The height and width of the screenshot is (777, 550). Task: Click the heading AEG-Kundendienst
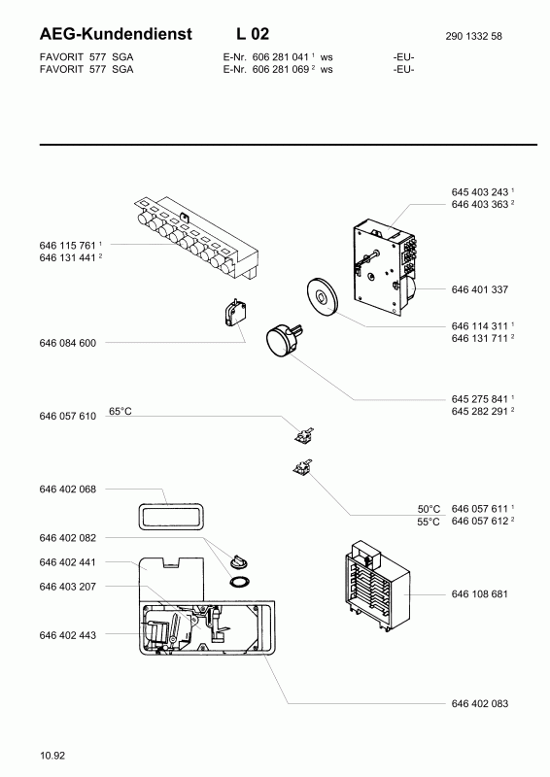tap(115, 34)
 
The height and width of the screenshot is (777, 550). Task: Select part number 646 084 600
tap(67, 343)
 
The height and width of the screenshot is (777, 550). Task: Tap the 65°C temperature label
tap(120, 411)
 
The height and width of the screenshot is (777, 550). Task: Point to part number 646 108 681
tap(480, 594)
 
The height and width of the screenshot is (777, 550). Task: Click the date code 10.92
tap(52, 756)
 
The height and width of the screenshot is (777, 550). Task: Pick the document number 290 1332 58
tap(473, 36)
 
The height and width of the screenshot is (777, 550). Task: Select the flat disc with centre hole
tap(321, 296)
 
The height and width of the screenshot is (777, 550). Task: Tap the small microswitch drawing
tap(235, 314)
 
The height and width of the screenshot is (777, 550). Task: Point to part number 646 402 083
tap(480, 703)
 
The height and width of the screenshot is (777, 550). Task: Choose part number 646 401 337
tap(480, 289)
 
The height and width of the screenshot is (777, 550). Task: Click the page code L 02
tap(253, 34)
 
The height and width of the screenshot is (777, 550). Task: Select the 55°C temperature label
tap(429, 522)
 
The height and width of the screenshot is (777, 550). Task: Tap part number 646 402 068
tap(67, 490)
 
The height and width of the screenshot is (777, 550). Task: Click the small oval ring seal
tap(240, 582)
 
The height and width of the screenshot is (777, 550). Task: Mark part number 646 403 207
tap(67, 587)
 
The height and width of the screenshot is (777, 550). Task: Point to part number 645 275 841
tap(480, 399)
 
